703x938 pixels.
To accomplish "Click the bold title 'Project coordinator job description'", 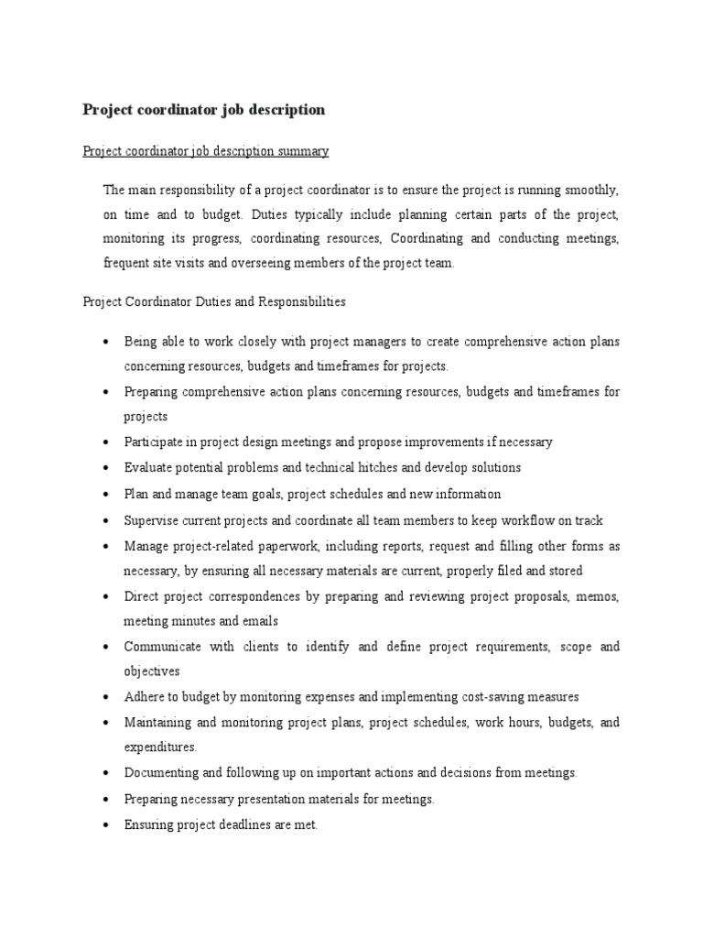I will click(x=203, y=110).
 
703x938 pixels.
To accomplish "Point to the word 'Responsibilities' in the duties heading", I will click(x=301, y=300).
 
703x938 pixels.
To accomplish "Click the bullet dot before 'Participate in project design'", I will click(x=106, y=442).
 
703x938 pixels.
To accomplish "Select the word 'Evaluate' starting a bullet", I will click(x=147, y=467).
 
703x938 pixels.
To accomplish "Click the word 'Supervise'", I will click(x=151, y=520).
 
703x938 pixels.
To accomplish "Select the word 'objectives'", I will click(x=152, y=671).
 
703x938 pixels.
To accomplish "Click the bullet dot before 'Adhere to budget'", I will click(x=106, y=697).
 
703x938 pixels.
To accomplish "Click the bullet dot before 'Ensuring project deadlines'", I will click(x=106, y=824).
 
